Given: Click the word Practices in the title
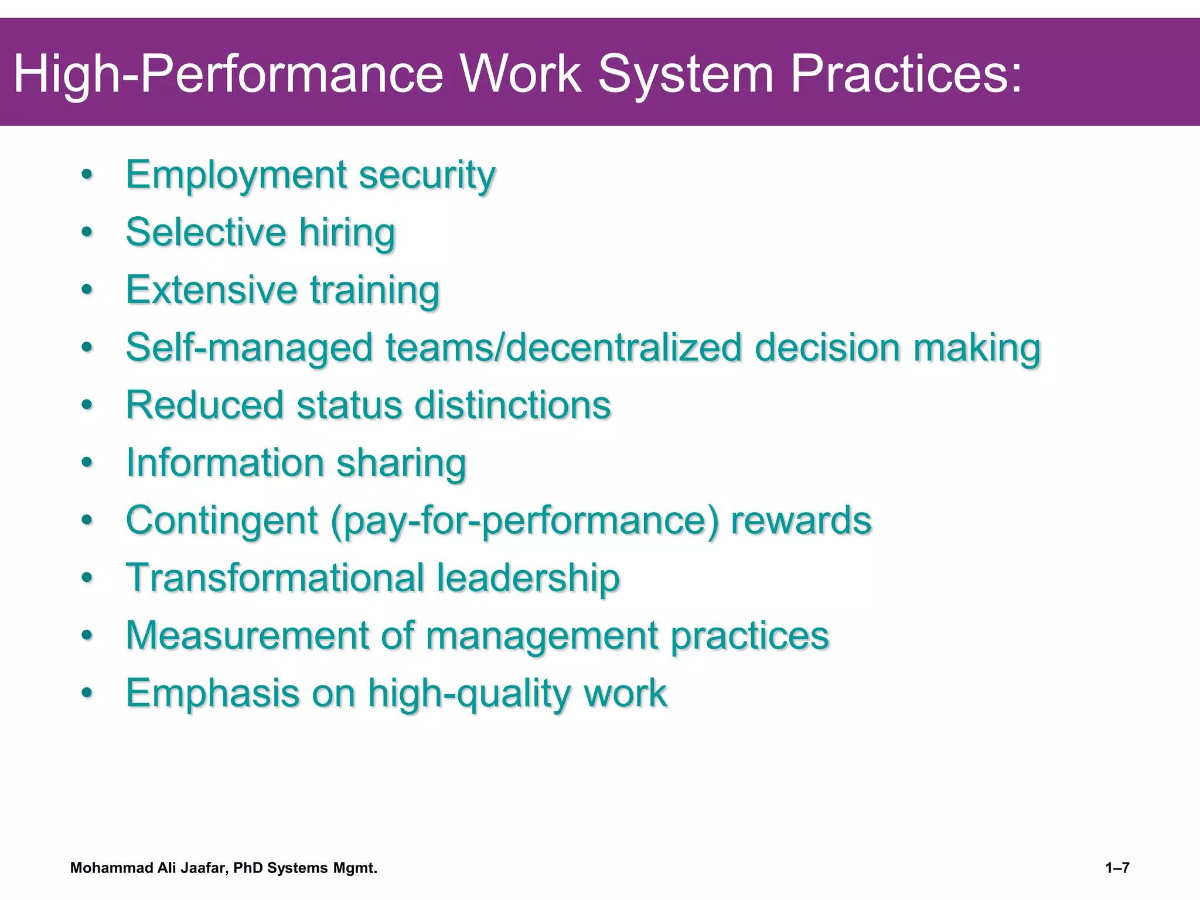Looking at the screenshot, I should pyautogui.click(x=906, y=74).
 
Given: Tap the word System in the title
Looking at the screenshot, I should pyautogui.click(x=686, y=74).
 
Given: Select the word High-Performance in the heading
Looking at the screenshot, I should pyautogui.click(x=229, y=74).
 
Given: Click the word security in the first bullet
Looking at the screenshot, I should pyautogui.click(x=427, y=175).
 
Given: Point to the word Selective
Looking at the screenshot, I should pyautogui.click(x=206, y=232).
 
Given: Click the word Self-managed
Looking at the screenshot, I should pyautogui.click(x=249, y=347).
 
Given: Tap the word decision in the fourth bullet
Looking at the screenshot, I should pyautogui.click(x=827, y=347).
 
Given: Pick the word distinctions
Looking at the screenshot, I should pyautogui.click(x=512, y=405).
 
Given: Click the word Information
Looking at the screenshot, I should pyautogui.click(x=225, y=463).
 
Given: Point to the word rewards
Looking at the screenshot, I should pyautogui.click(x=801, y=520).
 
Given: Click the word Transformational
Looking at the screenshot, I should pyautogui.click(x=275, y=578).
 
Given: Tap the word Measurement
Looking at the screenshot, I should pyautogui.click(x=247, y=635).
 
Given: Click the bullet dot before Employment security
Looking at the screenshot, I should pyautogui.click(x=87, y=175).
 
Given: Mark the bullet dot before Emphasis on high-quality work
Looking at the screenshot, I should pyautogui.click(x=87, y=693).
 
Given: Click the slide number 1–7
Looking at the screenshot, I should pyautogui.click(x=1117, y=868).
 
